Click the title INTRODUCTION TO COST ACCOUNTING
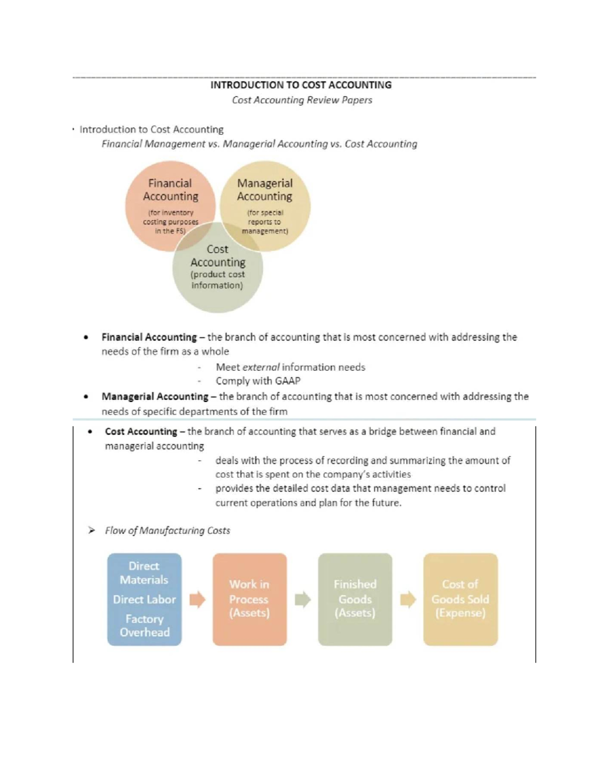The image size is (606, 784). click(301, 85)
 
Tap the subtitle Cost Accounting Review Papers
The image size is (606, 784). click(302, 100)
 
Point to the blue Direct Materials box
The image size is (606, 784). click(144, 599)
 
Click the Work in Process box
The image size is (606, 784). click(249, 599)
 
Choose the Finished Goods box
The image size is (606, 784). click(355, 599)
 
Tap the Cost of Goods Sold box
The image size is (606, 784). click(461, 599)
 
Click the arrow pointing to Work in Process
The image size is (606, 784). click(197, 599)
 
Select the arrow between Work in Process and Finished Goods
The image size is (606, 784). click(302, 599)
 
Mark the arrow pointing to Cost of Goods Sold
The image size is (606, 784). click(408, 599)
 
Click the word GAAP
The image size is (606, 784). click(287, 381)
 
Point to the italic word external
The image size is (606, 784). click(261, 367)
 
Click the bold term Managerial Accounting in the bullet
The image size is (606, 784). click(155, 397)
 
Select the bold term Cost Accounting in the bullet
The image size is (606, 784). click(141, 432)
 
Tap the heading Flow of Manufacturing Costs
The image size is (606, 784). click(167, 531)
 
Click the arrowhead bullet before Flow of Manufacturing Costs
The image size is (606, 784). click(91, 531)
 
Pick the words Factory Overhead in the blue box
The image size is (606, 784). click(144, 625)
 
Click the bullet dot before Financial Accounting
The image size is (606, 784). click(87, 337)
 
